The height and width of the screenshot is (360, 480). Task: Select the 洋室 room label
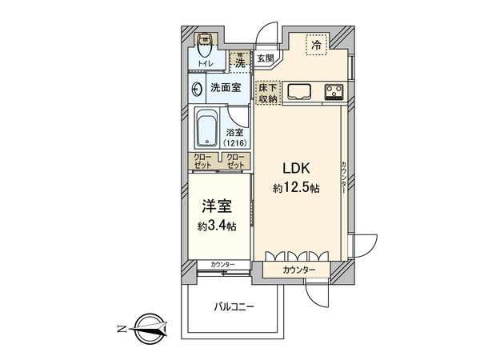213,205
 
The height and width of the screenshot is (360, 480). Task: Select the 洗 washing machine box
238,59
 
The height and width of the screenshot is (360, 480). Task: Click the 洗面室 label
226,87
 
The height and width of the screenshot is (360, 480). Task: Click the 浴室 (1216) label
235,138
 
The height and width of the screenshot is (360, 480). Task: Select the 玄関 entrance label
266,58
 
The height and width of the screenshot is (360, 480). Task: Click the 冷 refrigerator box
318,45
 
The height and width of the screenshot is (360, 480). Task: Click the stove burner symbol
334,90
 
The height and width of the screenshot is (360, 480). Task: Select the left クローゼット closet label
203,161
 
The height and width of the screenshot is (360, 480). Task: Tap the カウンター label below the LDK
300,270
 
